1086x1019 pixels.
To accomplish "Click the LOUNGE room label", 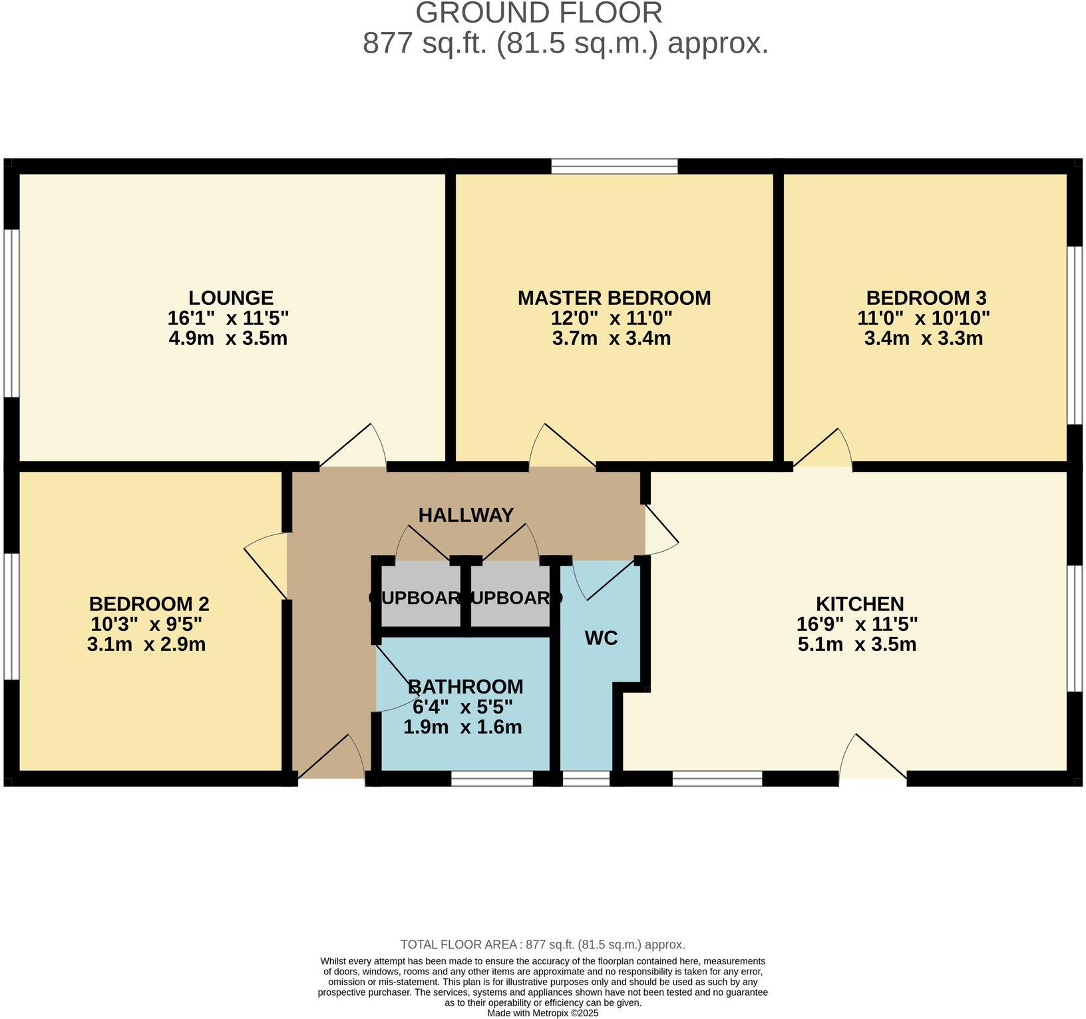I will (230, 298).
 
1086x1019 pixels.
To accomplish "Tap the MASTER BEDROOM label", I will (614, 298).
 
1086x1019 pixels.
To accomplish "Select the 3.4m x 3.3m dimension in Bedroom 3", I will (923, 338).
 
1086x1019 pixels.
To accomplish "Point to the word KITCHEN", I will (859, 604).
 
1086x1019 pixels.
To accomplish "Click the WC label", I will (601, 638).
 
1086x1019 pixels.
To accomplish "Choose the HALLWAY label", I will (466, 515).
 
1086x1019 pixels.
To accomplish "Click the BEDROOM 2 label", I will (149, 604).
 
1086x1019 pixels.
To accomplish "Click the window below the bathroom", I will (492, 779).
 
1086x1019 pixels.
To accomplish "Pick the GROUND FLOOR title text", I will (539, 13).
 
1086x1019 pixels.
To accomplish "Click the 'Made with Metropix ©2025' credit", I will (542, 1013).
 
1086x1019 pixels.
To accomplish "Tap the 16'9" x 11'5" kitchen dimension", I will (856, 624).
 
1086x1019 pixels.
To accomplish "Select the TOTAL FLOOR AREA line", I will (542, 944).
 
